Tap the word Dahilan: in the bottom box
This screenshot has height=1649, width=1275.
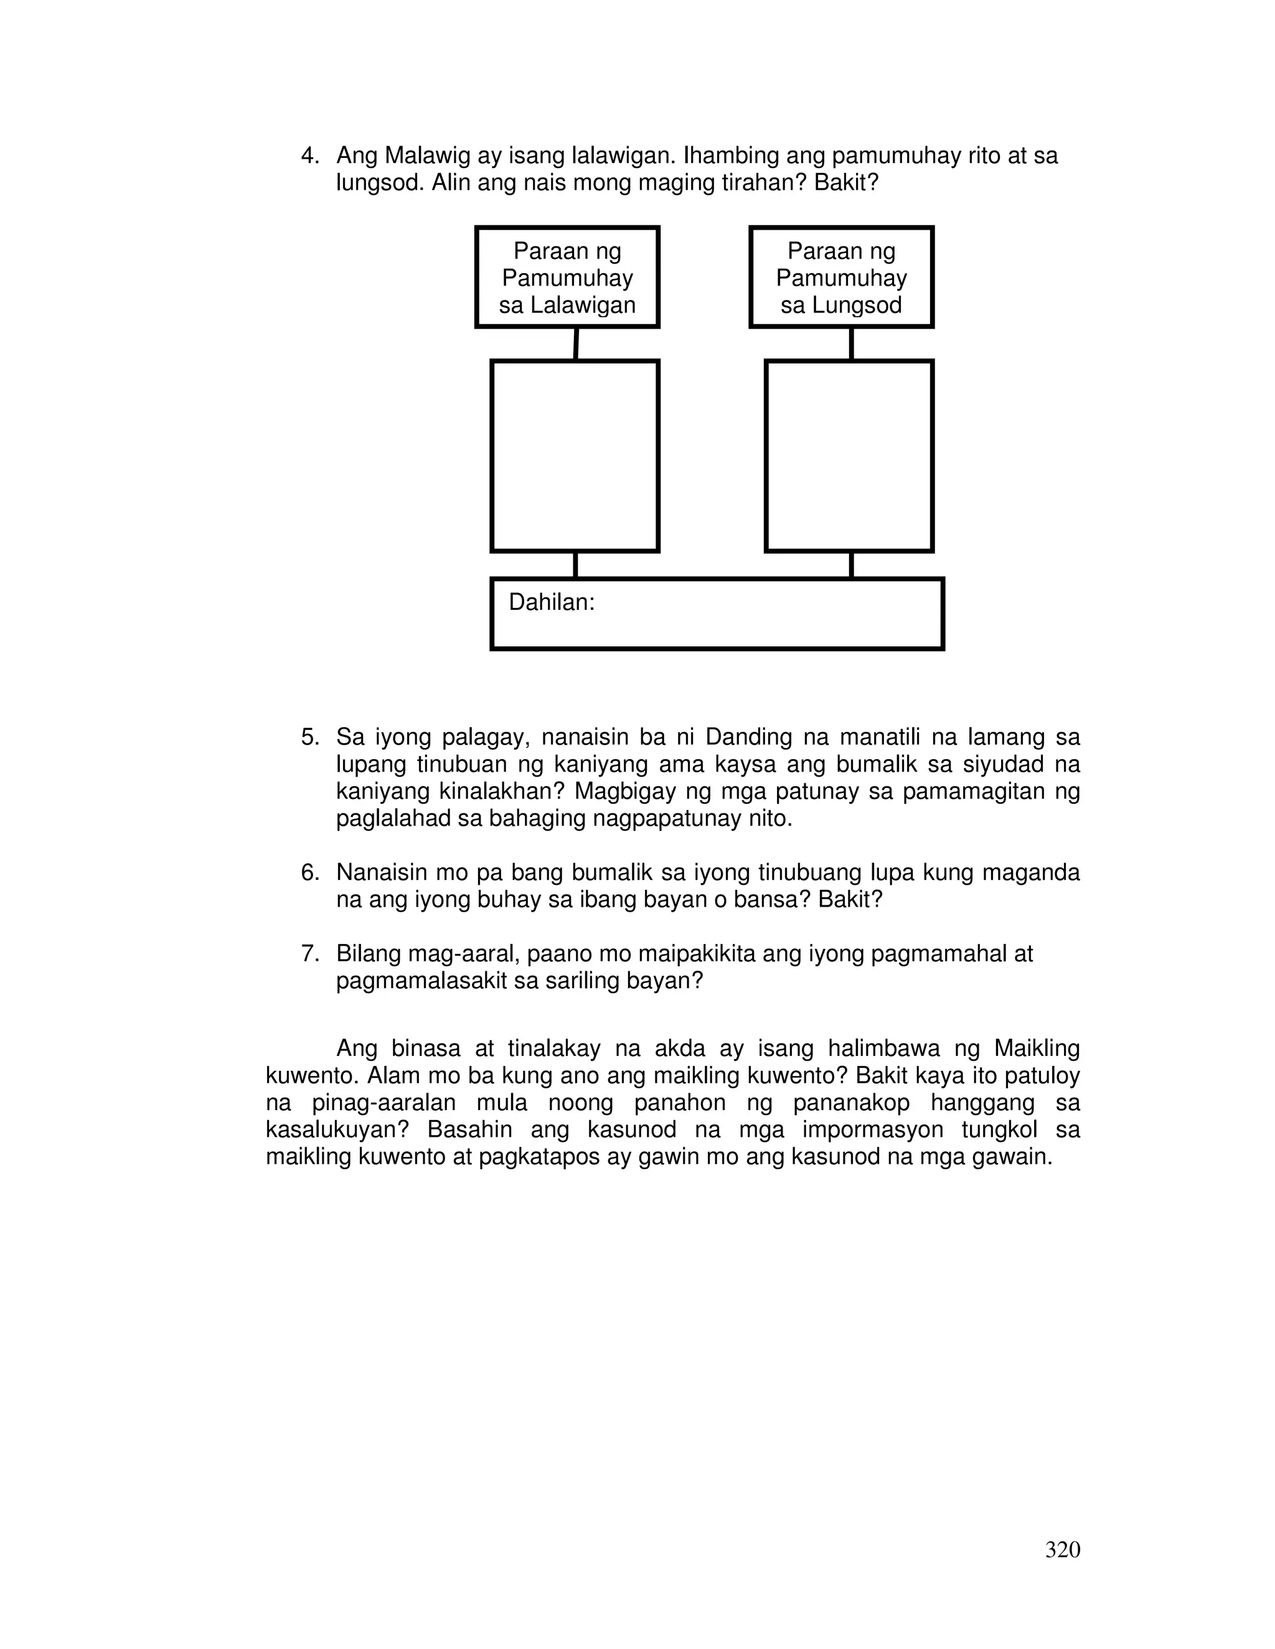552,602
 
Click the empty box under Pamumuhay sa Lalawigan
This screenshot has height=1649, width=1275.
575,456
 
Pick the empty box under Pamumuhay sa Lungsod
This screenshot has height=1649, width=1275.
849,456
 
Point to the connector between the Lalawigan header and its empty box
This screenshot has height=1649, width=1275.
576,343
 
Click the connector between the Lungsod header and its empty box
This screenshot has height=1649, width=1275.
851,343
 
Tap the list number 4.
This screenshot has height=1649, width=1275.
309,156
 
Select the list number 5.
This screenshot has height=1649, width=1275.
309,737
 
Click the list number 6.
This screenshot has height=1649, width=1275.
309,873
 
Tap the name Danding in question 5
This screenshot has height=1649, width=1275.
748,737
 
